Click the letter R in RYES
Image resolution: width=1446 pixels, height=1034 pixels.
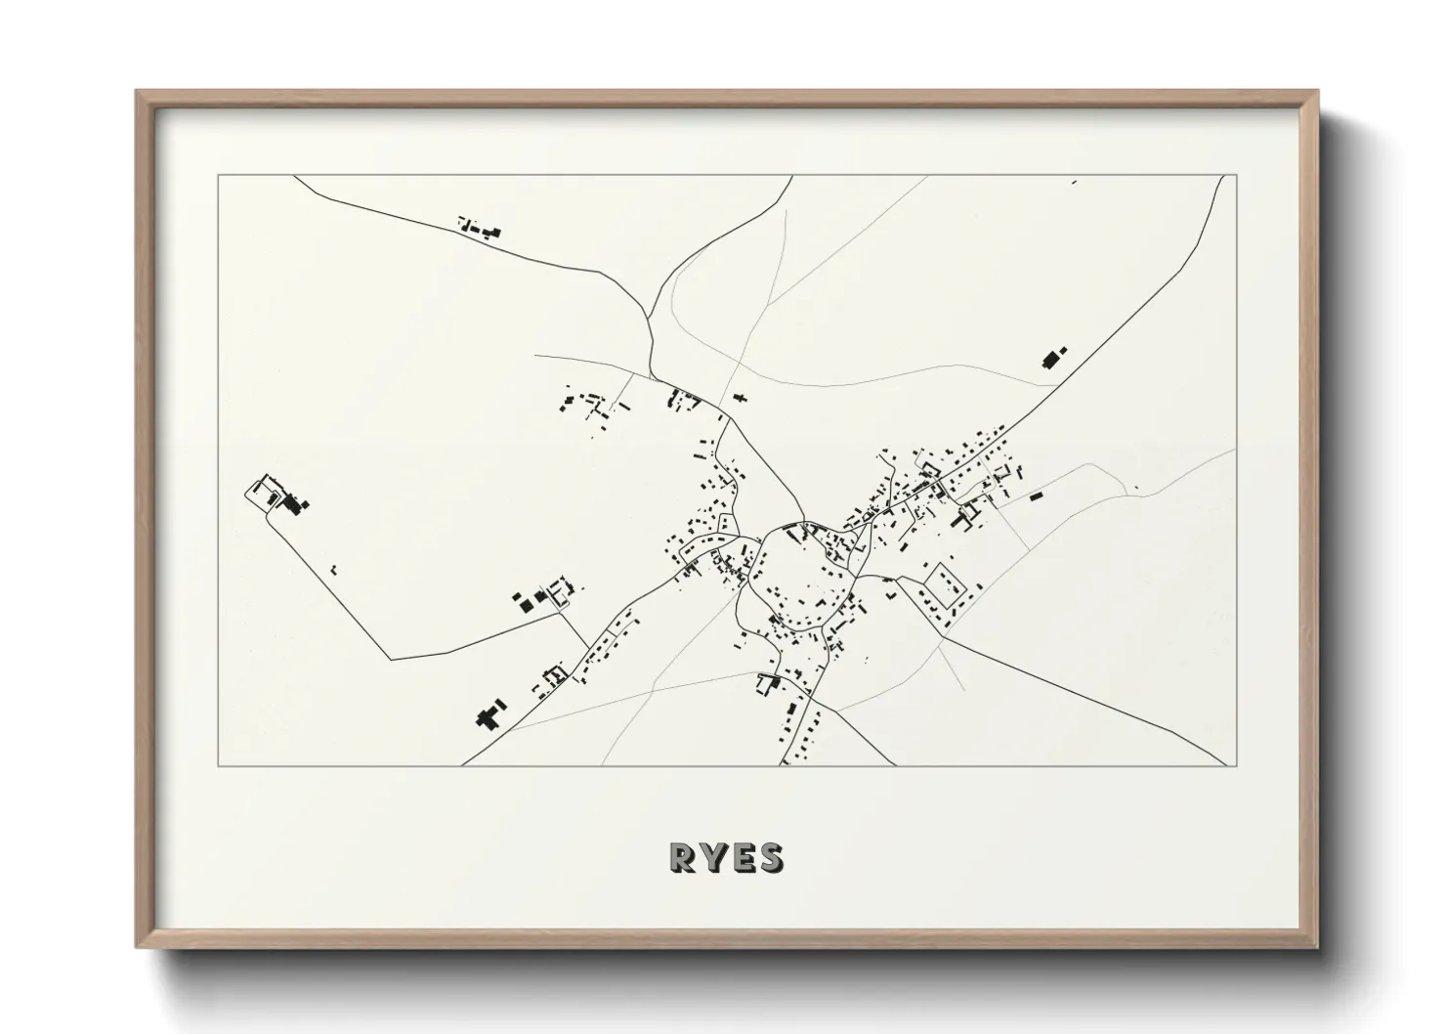pos(681,857)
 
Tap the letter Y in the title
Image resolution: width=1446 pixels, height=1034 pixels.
pos(712,857)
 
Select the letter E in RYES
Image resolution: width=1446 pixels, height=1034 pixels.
pos(742,857)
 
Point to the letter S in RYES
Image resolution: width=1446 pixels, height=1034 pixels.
pos(770,857)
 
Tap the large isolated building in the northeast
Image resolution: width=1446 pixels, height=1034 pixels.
pos(1053,358)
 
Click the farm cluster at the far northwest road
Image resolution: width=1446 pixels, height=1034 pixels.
pos(481,230)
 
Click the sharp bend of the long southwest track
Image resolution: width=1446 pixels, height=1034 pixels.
pos(391,660)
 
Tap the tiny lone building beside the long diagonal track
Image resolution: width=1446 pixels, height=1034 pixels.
pos(333,567)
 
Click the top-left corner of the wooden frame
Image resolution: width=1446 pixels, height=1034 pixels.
pos(137,92)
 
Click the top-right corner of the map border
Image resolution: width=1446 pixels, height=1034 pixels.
pos(1236,176)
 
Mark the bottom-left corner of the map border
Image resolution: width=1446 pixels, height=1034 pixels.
pos(218,766)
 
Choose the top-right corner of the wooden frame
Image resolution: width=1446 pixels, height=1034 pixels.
pos(1317,92)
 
